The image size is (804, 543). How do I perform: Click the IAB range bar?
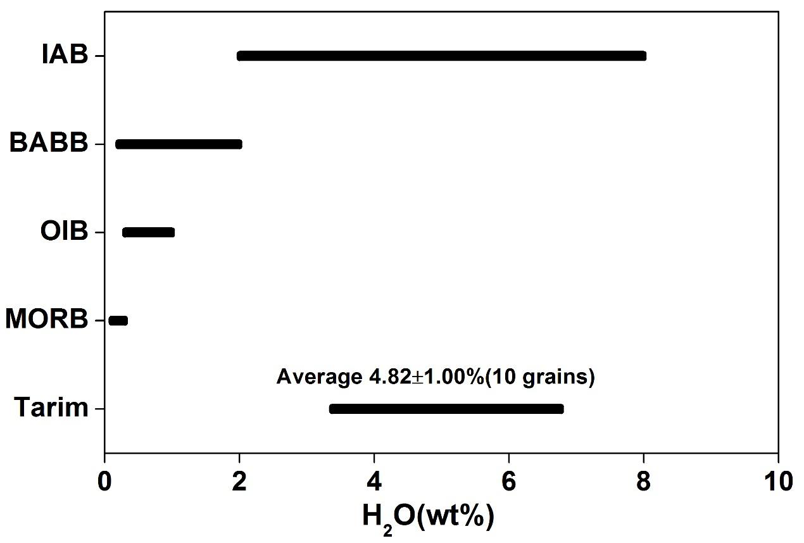441,56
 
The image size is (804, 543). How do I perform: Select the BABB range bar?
179,144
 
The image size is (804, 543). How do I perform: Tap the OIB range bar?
148,232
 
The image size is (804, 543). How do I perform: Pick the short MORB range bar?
118,321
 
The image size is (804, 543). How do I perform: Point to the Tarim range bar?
446,409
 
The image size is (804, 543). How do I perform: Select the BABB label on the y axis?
48,144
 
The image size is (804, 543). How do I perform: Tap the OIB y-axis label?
63,232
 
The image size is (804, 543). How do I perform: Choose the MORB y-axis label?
46,321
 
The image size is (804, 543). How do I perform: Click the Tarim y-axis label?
51,409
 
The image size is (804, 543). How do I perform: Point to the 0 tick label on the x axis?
104,482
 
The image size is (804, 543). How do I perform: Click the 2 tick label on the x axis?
239,482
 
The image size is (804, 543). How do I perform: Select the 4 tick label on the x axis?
374,482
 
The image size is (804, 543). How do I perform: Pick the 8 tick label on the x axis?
643,482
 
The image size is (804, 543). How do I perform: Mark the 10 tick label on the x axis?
777,482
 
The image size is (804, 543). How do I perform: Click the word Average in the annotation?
318,378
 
